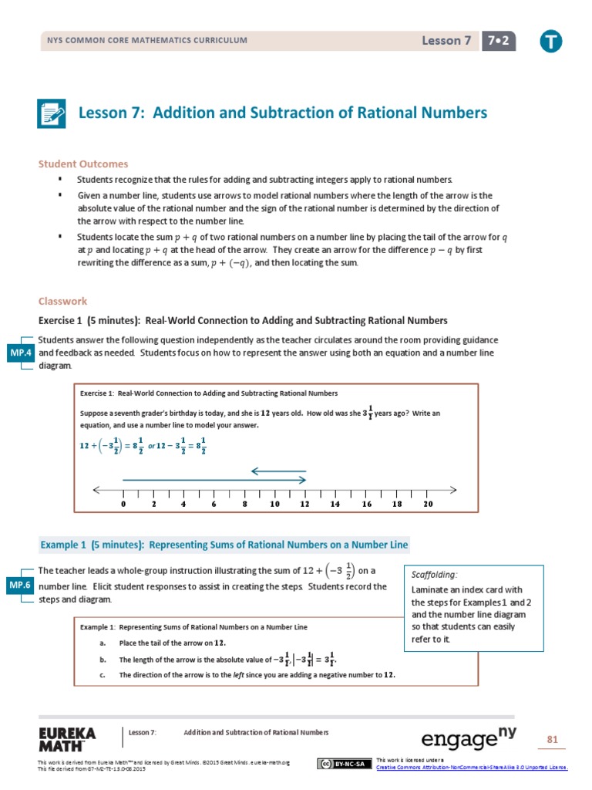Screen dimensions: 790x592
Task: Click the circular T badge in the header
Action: pos(550,42)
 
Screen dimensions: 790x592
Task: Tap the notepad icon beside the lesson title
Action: pos(52,113)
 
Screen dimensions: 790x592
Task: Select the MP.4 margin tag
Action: pos(21,353)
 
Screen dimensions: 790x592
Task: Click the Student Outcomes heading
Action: pos(83,164)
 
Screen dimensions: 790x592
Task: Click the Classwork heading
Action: pos(63,302)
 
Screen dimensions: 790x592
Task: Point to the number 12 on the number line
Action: pos(304,504)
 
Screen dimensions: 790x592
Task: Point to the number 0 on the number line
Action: pos(123,504)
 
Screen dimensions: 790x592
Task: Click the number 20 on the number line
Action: pos(428,504)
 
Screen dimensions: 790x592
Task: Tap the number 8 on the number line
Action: pos(244,504)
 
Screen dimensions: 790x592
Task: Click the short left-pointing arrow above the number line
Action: pos(278,471)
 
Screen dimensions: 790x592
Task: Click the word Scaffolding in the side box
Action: pos(434,575)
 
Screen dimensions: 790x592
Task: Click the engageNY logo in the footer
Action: pos(469,738)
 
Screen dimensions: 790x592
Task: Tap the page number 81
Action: pos(552,740)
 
